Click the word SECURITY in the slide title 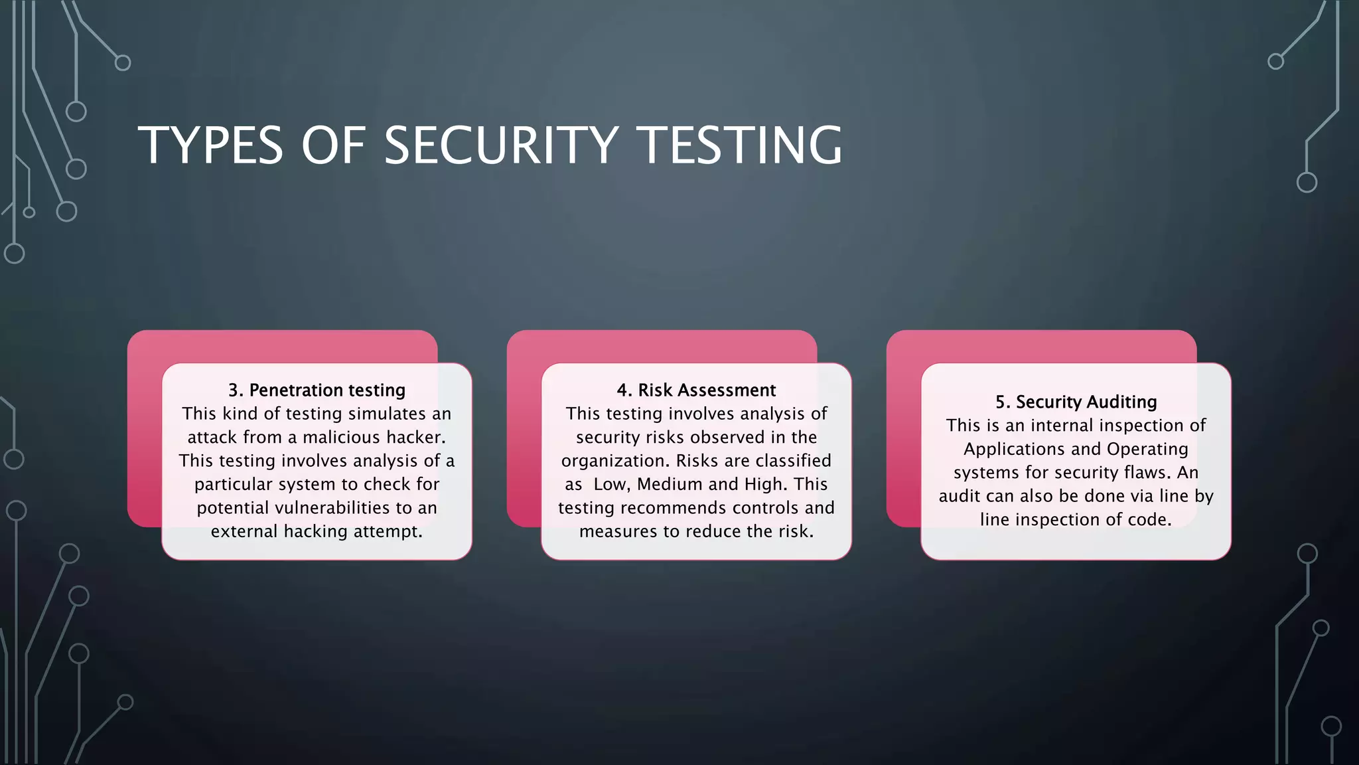(501, 145)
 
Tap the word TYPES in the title (210, 145)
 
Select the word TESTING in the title (739, 145)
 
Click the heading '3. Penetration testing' (317, 390)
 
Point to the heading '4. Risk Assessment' (696, 390)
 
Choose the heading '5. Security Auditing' (1076, 402)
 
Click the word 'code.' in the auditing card (1149, 520)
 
